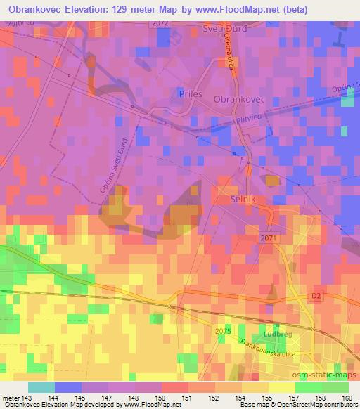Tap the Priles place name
(191, 93)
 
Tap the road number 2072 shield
(160, 24)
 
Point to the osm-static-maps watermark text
(326, 375)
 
